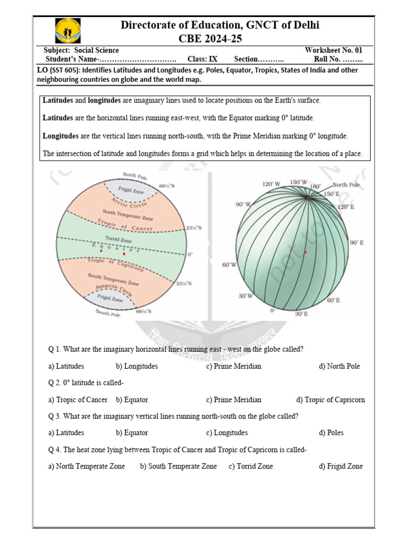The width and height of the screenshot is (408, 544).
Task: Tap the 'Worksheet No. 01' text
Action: coord(334,50)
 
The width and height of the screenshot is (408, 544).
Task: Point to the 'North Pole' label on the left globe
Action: coord(135,175)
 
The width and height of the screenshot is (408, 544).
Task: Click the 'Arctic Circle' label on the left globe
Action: coord(129,202)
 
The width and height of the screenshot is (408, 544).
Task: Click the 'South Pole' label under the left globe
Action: coord(108,313)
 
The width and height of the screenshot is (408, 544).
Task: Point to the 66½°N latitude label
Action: coord(170,186)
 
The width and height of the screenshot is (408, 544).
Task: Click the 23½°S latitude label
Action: coord(180,284)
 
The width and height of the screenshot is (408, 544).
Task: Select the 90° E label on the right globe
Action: coord(356,243)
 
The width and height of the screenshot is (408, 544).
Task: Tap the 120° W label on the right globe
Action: coord(271,184)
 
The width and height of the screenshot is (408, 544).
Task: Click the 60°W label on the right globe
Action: coord(229,265)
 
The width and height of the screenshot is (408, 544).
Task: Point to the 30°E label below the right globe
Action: coord(302,314)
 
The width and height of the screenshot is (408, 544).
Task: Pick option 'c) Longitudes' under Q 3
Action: coord(227,433)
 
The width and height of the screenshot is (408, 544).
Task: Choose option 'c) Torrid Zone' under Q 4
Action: coord(251,466)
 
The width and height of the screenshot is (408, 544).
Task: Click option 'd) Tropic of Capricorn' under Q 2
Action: coord(330,400)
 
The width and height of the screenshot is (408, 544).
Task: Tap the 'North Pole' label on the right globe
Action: coord(347,185)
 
